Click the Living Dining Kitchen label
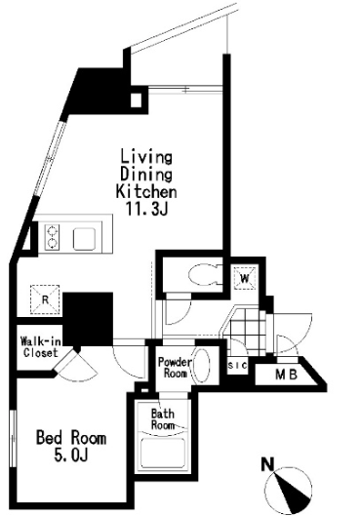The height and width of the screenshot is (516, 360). pos(146,174)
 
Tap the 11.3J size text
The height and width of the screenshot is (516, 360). pos(147,208)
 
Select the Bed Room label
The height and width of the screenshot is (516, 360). pos(71,438)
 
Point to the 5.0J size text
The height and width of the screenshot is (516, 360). pos(71,456)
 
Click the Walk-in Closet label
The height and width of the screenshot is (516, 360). pos(39,346)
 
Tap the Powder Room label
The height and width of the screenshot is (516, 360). pos(175,368)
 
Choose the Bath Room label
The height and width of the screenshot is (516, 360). pos(163,418)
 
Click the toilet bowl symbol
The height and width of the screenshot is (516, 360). pos(204,275)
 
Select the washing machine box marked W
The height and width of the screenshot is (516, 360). pos(245,278)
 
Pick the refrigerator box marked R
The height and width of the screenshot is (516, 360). pos(45,299)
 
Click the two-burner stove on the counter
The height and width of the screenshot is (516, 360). pos(52,237)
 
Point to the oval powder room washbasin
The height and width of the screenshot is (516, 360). pos(201,365)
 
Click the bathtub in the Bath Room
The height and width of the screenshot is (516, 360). pos(162,454)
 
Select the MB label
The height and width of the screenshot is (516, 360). pos(286,375)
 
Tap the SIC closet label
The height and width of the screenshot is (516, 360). pos(238,365)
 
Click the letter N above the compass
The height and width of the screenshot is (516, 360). pos(268,464)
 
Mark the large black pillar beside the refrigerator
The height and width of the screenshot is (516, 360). pos(88,319)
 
